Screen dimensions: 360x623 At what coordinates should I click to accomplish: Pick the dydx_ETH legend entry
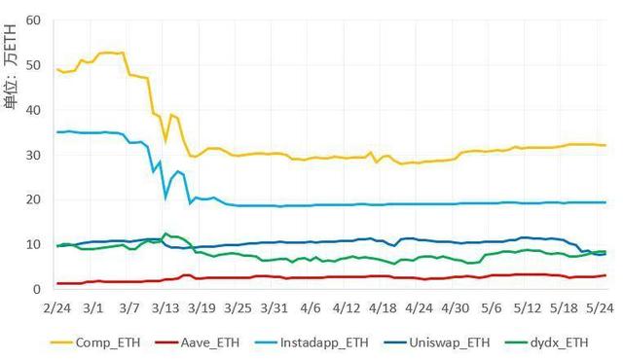click(573, 342)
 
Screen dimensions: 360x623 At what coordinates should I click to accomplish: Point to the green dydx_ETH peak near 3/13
click(165, 234)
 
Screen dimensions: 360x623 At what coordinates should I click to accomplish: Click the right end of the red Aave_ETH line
click(605, 275)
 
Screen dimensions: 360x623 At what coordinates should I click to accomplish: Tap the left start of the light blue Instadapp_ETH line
click(58, 131)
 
